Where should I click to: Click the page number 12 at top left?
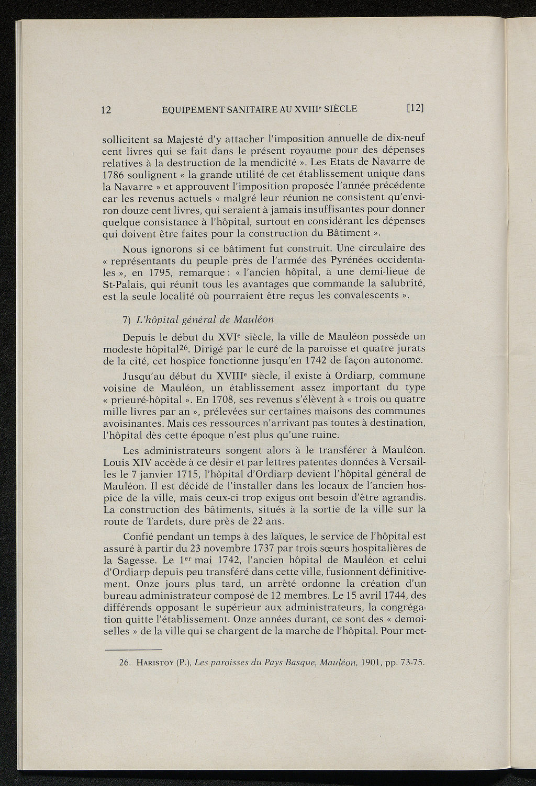(x=106, y=109)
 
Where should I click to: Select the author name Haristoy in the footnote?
(x=157, y=663)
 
